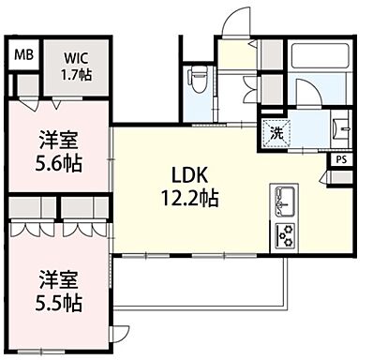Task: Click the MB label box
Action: tap(23, 55)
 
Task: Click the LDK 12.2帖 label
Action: tap(195, 186)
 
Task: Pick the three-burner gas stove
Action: tap(284, 234)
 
